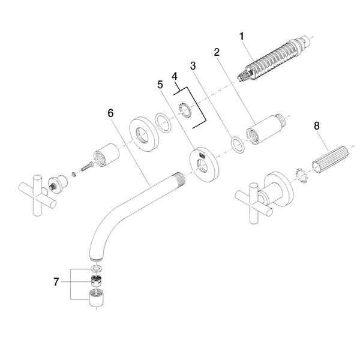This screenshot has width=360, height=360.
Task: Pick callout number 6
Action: [x=110, y=112]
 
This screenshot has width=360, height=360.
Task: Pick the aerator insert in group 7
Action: [x=95, y=281]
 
